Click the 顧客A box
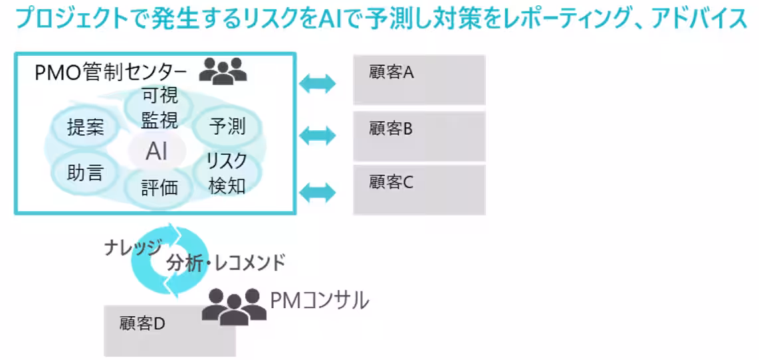[419, 80]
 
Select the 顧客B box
[419, 136]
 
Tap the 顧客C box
[419, 189]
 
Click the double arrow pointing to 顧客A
[318, 84]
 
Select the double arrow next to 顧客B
[318, 136]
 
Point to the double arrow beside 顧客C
[318, 193]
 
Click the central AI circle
[157, 151]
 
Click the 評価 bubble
[160, 187]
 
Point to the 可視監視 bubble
[160, 108]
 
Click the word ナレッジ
[132, 248]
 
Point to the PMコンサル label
[319, 301]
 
